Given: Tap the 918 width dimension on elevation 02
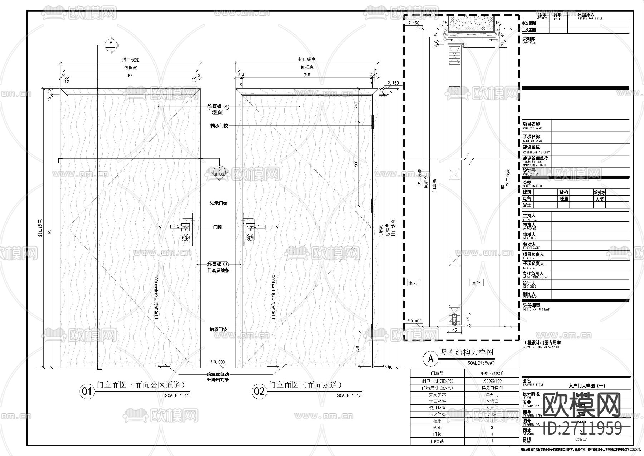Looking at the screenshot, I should pos(307,75).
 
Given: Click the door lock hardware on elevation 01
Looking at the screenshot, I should pos(186,231).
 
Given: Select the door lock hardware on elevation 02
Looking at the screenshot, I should pos(250,231).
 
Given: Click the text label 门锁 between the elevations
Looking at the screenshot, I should pos(218,227).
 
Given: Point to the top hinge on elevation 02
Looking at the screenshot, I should pos(372,122).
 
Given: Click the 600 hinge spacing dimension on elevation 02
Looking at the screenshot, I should pos(356,164).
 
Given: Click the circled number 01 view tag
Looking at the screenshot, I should pos(87,391).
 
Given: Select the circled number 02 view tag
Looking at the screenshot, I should pos(259,391).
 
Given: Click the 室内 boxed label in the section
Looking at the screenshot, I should pos(413,283).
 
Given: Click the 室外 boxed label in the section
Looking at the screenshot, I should pos(476,283).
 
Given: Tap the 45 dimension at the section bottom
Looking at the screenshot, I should pos(454,330).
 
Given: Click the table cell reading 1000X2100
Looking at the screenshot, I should pos(492,381).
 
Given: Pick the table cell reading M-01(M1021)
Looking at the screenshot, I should pos(492,373).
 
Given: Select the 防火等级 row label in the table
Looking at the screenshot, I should pos(437,414).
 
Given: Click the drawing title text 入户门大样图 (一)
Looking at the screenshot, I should pos(587,386).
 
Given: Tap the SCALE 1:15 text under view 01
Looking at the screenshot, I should pos(177,395).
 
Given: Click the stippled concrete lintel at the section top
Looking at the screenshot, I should pos(471,24).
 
